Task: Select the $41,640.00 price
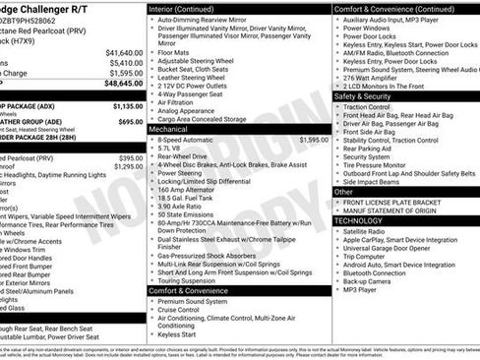pyautogui.click(x=123, y=52)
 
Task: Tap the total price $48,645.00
pyautogui.click(x=122, y=84)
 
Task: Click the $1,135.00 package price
pyautogui.click(x=127, y=105)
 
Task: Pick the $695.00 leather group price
pyautogui.click(x=130, y=122)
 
